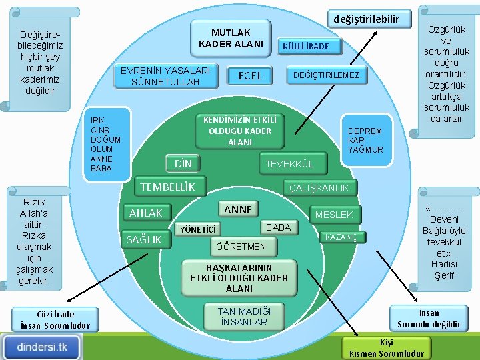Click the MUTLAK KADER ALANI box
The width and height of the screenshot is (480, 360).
tap(231, 38)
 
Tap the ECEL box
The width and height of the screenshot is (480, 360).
tap(250, 75)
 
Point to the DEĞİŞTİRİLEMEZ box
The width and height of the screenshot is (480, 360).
tap(327, 75)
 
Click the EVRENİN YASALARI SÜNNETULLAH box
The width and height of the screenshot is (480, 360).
tap(165, 76)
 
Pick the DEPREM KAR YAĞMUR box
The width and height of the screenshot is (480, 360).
tap(365, 141)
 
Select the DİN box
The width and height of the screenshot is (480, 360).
tap(183, 163)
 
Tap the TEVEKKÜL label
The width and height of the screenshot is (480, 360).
tap(289, 164)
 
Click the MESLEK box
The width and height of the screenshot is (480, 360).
tap(338, 215)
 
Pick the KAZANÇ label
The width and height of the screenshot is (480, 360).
tap(341, 237)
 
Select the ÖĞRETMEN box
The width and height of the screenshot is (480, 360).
tap(239, 247)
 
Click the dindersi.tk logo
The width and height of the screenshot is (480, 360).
tap(41, 347)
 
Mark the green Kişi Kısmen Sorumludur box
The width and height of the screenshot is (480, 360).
tap(387, 347)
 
